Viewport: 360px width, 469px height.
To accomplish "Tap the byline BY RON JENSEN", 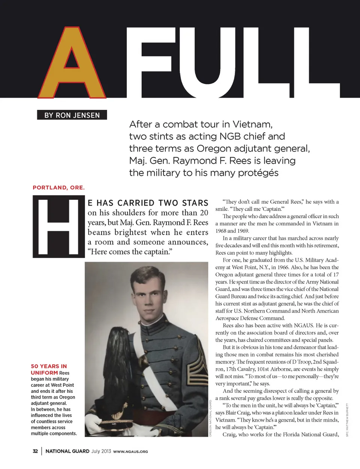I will (72, 115).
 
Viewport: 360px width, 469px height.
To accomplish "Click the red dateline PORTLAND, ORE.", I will (58, 187).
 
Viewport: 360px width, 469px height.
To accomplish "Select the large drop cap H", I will (58, 227).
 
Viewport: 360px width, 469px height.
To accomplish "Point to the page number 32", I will (35, 451).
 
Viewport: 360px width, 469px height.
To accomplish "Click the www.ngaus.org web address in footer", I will (130, 451).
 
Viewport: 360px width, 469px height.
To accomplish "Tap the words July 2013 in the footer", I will (101, 451).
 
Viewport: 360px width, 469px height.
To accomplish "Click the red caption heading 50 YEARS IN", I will (49, 366).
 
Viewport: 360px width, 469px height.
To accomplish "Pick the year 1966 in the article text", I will (282, 267).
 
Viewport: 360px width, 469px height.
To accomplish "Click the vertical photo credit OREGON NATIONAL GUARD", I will (210, 418).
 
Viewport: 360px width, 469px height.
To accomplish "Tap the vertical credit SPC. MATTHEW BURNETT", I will (347, 420).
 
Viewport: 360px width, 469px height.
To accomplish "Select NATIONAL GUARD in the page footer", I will (67, 451).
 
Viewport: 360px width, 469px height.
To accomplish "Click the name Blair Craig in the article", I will (237, 413).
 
